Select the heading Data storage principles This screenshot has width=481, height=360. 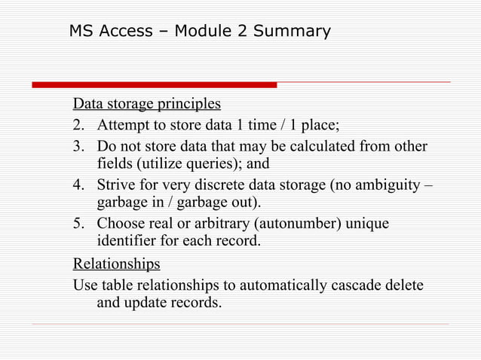(x=146, y=103)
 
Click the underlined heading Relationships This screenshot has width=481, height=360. (x=116, y=264)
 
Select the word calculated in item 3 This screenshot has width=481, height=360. (x=314, y=145)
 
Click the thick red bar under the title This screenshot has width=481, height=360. (x=155, y=84)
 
